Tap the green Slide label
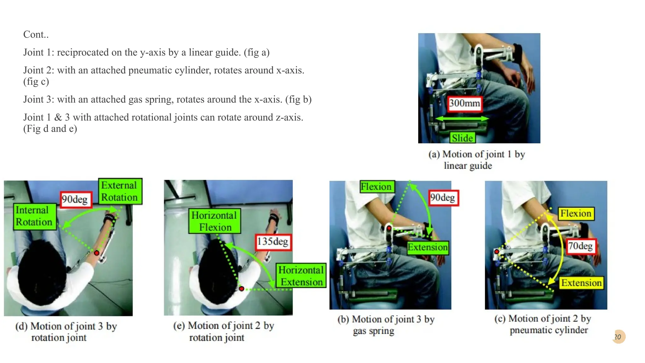462,138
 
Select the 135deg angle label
273,242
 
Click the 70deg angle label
580,246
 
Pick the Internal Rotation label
34,216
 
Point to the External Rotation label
119,191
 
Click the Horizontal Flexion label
214,221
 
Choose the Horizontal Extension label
301,276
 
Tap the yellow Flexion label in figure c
575,214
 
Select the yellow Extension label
581,283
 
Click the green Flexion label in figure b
376,187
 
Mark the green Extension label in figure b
427,247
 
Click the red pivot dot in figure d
97,253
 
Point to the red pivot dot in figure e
241,289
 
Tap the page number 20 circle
618,337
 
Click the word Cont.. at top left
36,34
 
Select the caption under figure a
476,160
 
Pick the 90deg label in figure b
442,198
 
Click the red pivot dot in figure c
497,251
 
